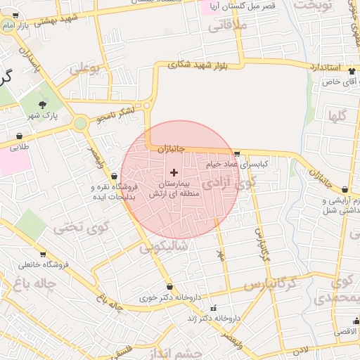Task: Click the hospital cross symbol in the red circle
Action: point(174,172)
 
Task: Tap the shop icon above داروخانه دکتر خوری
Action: point(169,286)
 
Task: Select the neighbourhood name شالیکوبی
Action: point(164,247)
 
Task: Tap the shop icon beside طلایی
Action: point(19,136)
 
